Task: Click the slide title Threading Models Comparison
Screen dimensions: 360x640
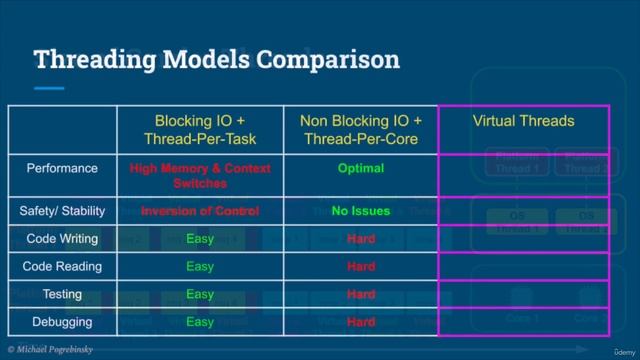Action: coord(217,59)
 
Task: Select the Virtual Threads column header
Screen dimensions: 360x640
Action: coord(523,121)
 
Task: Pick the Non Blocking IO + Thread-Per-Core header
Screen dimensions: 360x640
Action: coord(360,129)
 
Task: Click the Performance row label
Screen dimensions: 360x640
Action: coord(62,168)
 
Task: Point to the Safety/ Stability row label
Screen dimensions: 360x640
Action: coord(62,211)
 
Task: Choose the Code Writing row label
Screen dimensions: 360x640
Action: coord(62,239)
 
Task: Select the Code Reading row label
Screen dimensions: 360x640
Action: coord(62,267)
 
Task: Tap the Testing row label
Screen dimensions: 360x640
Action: coord(62,295)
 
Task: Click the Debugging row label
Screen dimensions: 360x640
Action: coord(62,322)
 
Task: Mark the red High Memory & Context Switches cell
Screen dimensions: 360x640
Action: coord(200,176)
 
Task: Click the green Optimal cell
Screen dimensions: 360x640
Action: coord(360,168)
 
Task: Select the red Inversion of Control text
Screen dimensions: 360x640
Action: coord(200,211)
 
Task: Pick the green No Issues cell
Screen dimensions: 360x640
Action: coord(360,211)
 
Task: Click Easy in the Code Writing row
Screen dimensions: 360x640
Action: coord(200,239)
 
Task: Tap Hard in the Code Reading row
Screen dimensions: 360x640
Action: coord(360,267)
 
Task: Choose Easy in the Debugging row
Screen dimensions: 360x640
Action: coord(200,322)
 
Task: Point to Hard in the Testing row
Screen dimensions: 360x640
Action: coord(360,295)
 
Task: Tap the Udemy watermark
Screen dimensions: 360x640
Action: coord(615,350)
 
